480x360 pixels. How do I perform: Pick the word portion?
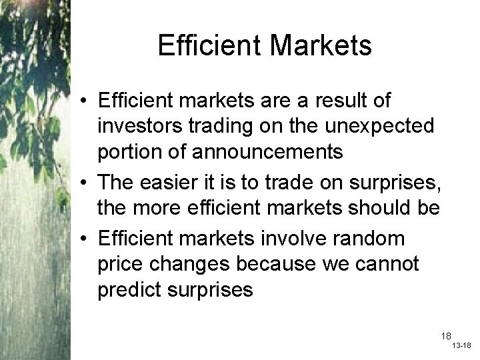pyautogui.click(x=129, y=151)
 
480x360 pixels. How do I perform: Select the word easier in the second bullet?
pyautogui.click(x=169, y=184)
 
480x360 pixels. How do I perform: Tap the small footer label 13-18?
pyautogui.click(x=461, y=347)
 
